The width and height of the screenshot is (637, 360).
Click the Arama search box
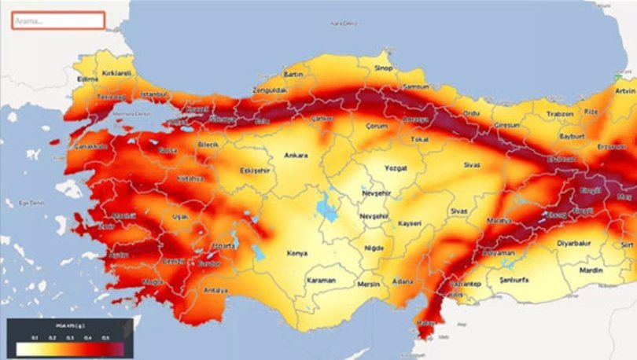click(58, 20)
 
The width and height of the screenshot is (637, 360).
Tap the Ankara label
click(296, 155)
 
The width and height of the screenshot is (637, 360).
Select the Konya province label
click(297, 253)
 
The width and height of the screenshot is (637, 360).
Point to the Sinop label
click(382, 68)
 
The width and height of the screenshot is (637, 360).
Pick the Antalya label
click(215, 290)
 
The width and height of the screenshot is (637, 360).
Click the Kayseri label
click(410, 224)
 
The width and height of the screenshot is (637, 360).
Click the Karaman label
click(321, 281)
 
